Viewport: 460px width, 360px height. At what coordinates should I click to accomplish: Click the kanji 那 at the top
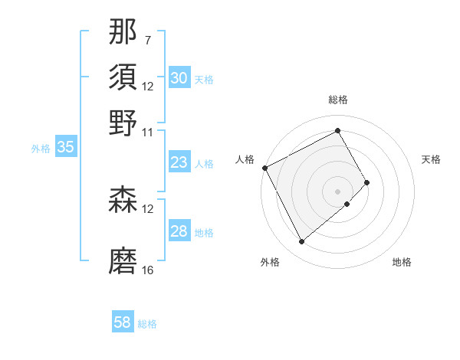(123, 33)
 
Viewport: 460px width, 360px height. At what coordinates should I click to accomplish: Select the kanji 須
(123, 77)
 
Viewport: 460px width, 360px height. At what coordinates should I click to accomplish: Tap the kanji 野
(123, 122)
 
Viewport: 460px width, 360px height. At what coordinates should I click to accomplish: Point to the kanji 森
(123, 200)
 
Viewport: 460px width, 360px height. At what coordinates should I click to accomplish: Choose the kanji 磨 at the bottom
(123, 260)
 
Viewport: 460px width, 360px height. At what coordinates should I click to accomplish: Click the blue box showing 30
(179, 78)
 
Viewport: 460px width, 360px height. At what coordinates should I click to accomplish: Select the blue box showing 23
(179, 162)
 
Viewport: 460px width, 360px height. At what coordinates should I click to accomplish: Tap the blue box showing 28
(179, 231)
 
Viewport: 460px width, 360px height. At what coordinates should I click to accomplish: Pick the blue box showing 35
(65, 148)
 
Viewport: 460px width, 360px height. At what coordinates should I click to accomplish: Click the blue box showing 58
(123, 322)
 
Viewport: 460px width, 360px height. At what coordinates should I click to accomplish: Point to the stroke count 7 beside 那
(147, 40)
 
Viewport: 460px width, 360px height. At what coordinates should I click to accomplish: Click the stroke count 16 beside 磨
(148, 270)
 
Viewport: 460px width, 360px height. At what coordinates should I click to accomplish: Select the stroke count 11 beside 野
(148, 131)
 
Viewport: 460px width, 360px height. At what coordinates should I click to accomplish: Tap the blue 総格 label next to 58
(147, 324)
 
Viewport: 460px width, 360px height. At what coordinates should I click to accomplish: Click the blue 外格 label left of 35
(41, 149)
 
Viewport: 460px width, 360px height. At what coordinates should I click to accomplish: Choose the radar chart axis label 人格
(245, 159)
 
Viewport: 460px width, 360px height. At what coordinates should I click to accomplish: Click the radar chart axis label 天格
(432, 159)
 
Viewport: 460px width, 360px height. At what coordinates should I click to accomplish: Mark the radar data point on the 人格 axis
(264, 168)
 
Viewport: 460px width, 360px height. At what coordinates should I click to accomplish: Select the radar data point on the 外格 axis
(301, 242)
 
